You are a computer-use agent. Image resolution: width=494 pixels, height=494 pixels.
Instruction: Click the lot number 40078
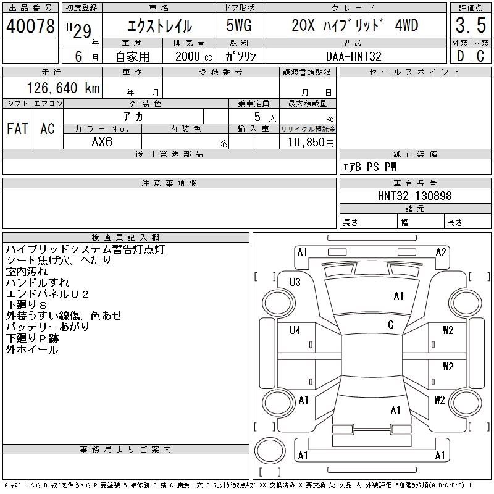tap(30, 26)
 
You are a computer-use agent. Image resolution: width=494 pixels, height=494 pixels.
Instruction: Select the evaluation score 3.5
tap(470, 26)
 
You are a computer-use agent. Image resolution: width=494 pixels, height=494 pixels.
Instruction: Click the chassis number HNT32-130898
tap(414, 196)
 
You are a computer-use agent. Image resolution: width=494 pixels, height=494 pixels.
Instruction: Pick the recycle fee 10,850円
tap(308, 142)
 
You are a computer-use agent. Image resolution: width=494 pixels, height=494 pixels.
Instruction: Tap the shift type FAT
tap(17, 128)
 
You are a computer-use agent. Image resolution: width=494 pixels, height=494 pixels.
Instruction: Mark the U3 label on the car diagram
tap(295, 282)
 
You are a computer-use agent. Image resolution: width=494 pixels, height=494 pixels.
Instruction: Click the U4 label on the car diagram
tap(295, 330)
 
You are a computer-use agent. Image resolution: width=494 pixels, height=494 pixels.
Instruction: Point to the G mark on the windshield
tap(391, 325)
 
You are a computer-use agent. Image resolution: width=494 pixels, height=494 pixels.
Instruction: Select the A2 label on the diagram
tap(441, 252)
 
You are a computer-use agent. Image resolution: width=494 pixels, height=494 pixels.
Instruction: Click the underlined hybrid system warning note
tap(85, 249)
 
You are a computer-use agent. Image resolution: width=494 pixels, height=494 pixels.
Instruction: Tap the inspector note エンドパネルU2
tap(48, 294)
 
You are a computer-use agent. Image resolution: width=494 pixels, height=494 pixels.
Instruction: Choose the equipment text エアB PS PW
tap(370, 167)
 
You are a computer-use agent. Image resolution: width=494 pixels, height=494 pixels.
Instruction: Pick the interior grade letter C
tap(480, 56)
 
